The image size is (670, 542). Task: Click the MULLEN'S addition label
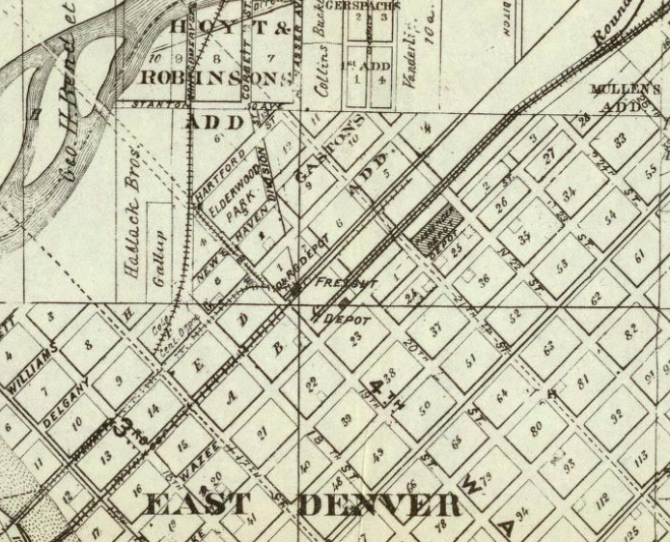(x=624, y=95)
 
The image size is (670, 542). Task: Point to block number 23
(x=355, y=337)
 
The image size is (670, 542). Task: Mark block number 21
(x=263, y=433)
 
